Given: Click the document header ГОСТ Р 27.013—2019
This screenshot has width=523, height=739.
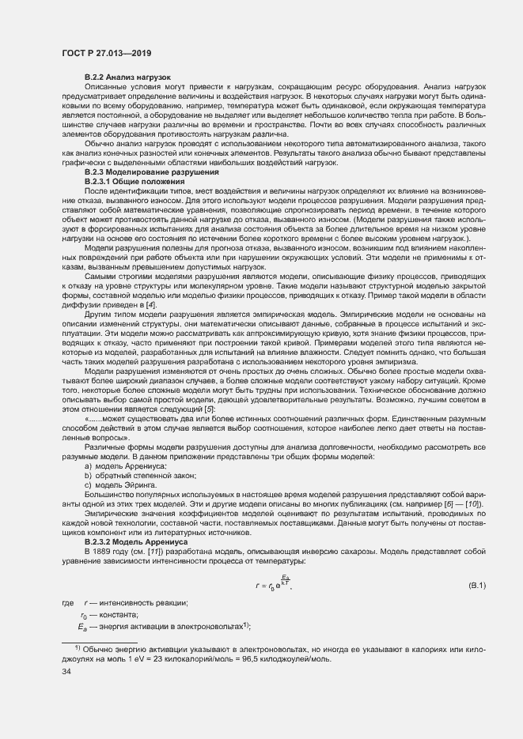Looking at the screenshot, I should click(106, 53).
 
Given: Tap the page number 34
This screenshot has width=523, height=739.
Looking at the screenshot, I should click(66, 672).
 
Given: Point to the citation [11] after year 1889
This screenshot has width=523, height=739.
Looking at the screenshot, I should click(146, 552).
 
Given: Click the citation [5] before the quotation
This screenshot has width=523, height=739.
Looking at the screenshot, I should click(207, 409).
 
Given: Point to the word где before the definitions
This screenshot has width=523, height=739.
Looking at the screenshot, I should click(68, 603).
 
